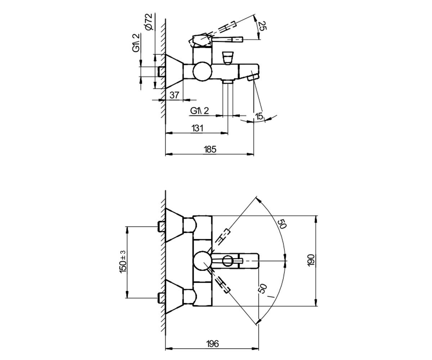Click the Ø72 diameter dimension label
[x=149, y=22]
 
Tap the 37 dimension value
[x=174, y=95]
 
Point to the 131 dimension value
[x=197, y=128]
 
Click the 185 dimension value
[x=210, y=149]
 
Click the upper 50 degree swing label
[x=282, y=224]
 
